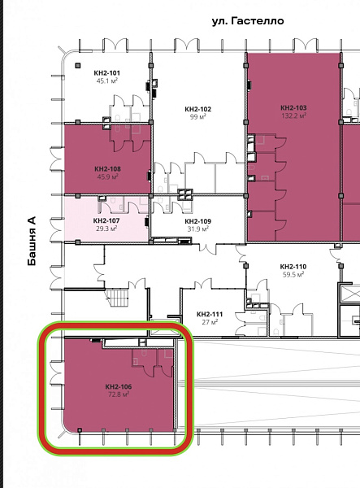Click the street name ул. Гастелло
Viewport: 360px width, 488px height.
[x=248, y=21]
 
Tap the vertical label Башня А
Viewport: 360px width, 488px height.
[x=32, y=242]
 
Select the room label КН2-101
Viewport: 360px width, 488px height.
[x=107, y=73]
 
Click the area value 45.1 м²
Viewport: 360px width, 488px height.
[x=107, y=81]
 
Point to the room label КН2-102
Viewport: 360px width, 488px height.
[x=198, y=109]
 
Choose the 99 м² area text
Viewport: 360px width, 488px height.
[x=198, y=117]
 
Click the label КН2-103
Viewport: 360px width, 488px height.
[x=293, y=107]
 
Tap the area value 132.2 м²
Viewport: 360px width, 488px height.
[x=294, y=115]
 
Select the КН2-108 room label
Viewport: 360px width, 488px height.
[x=107, y=168]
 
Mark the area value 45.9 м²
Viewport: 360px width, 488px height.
[x=107, y=176]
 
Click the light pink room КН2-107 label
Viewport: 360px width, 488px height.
[x=106, y=220]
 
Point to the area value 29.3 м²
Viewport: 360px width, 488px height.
[x=106, y=229]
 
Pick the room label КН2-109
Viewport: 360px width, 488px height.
[x=198, y=221]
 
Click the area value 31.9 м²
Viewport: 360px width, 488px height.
[x=198, y=229]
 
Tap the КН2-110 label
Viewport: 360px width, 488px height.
[x=293, y=267]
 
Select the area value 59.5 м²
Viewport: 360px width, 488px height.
[x=293, y=275]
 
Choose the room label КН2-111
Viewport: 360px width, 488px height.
[x=210, y=314]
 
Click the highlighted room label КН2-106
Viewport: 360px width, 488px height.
[x=119, y=386]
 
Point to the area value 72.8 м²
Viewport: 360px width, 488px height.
[x=119, y=394]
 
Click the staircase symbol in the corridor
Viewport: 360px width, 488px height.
[x=118, y=298]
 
